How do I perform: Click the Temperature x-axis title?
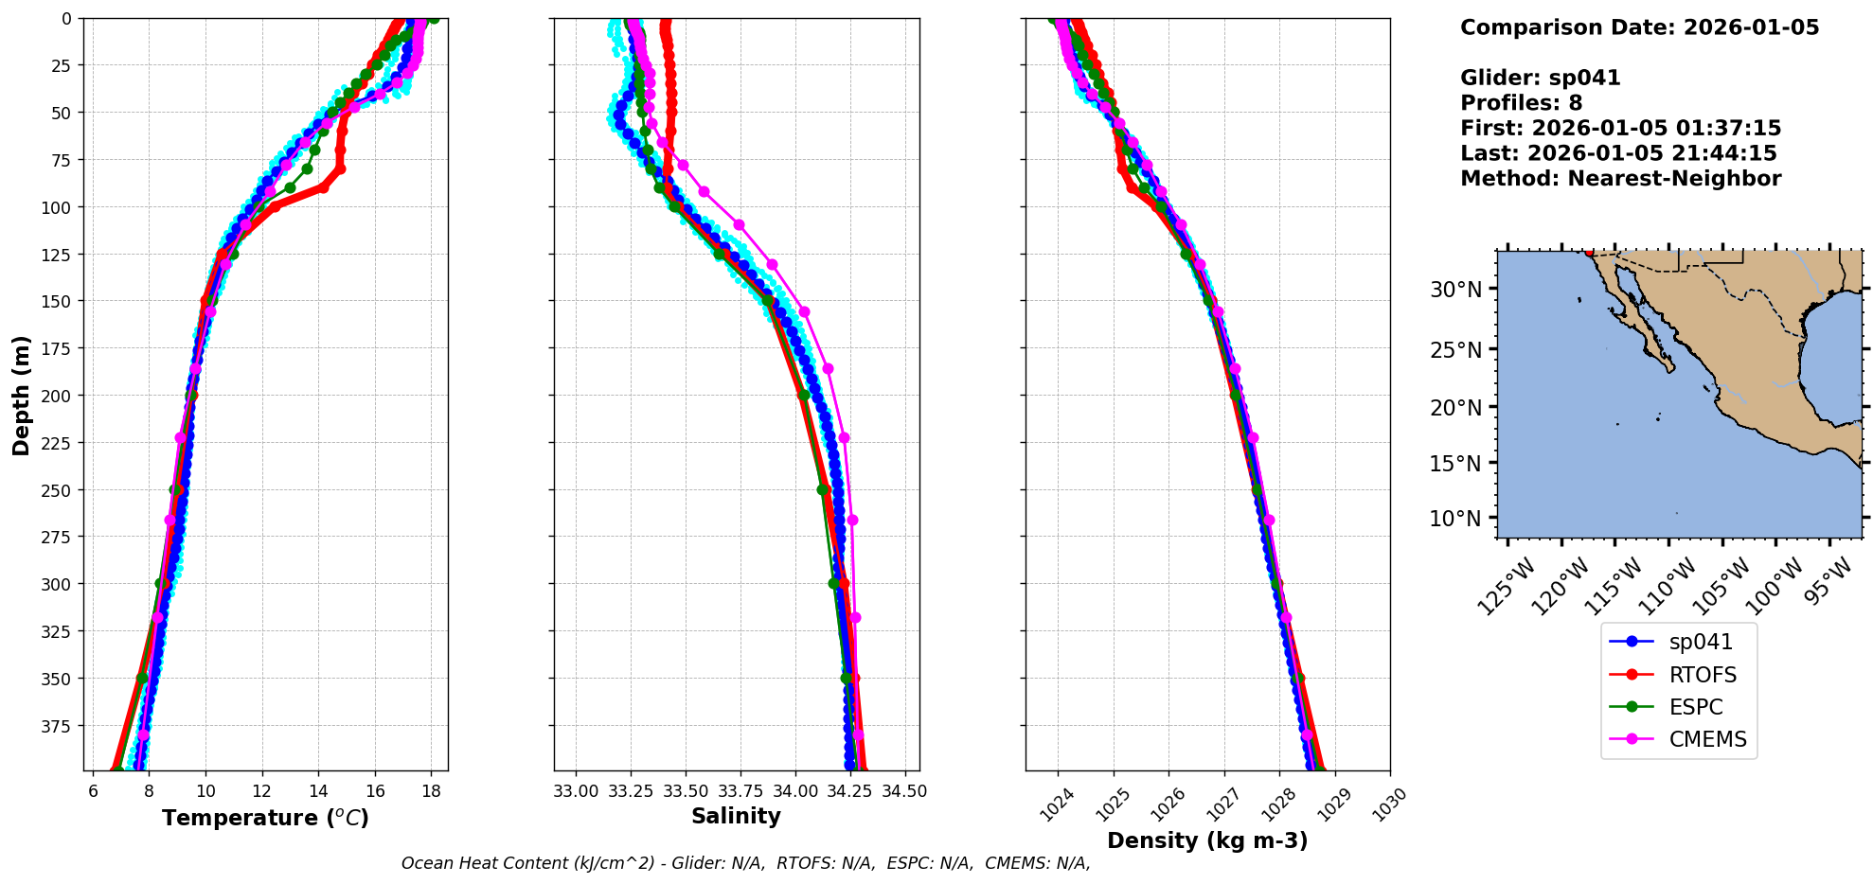pos(265,818)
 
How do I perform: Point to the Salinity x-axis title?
pos(736,816)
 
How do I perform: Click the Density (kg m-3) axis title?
pos(1207,840)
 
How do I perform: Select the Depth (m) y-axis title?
pos(21,395)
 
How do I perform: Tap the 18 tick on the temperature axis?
pos(431,791)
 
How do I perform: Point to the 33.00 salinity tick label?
pos(576,791)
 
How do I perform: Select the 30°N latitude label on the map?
pos(1455,290)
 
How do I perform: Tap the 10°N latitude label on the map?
pos(1455,519)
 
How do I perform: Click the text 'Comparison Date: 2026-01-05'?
pos(1639,27)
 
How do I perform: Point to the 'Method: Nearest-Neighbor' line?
pos(1620,178)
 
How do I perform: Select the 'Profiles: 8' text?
pos(1521,103)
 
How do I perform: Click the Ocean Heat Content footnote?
pos(745,863)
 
